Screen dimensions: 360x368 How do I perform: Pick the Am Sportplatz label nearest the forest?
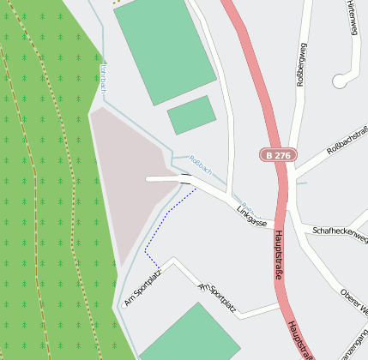(x=142, y=287)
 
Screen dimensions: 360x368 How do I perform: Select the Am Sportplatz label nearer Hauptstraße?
(x=216, y=296)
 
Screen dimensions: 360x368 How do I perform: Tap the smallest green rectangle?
(x=190, y=115)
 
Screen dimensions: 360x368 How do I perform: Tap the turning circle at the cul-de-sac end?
(x=340, y=81)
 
